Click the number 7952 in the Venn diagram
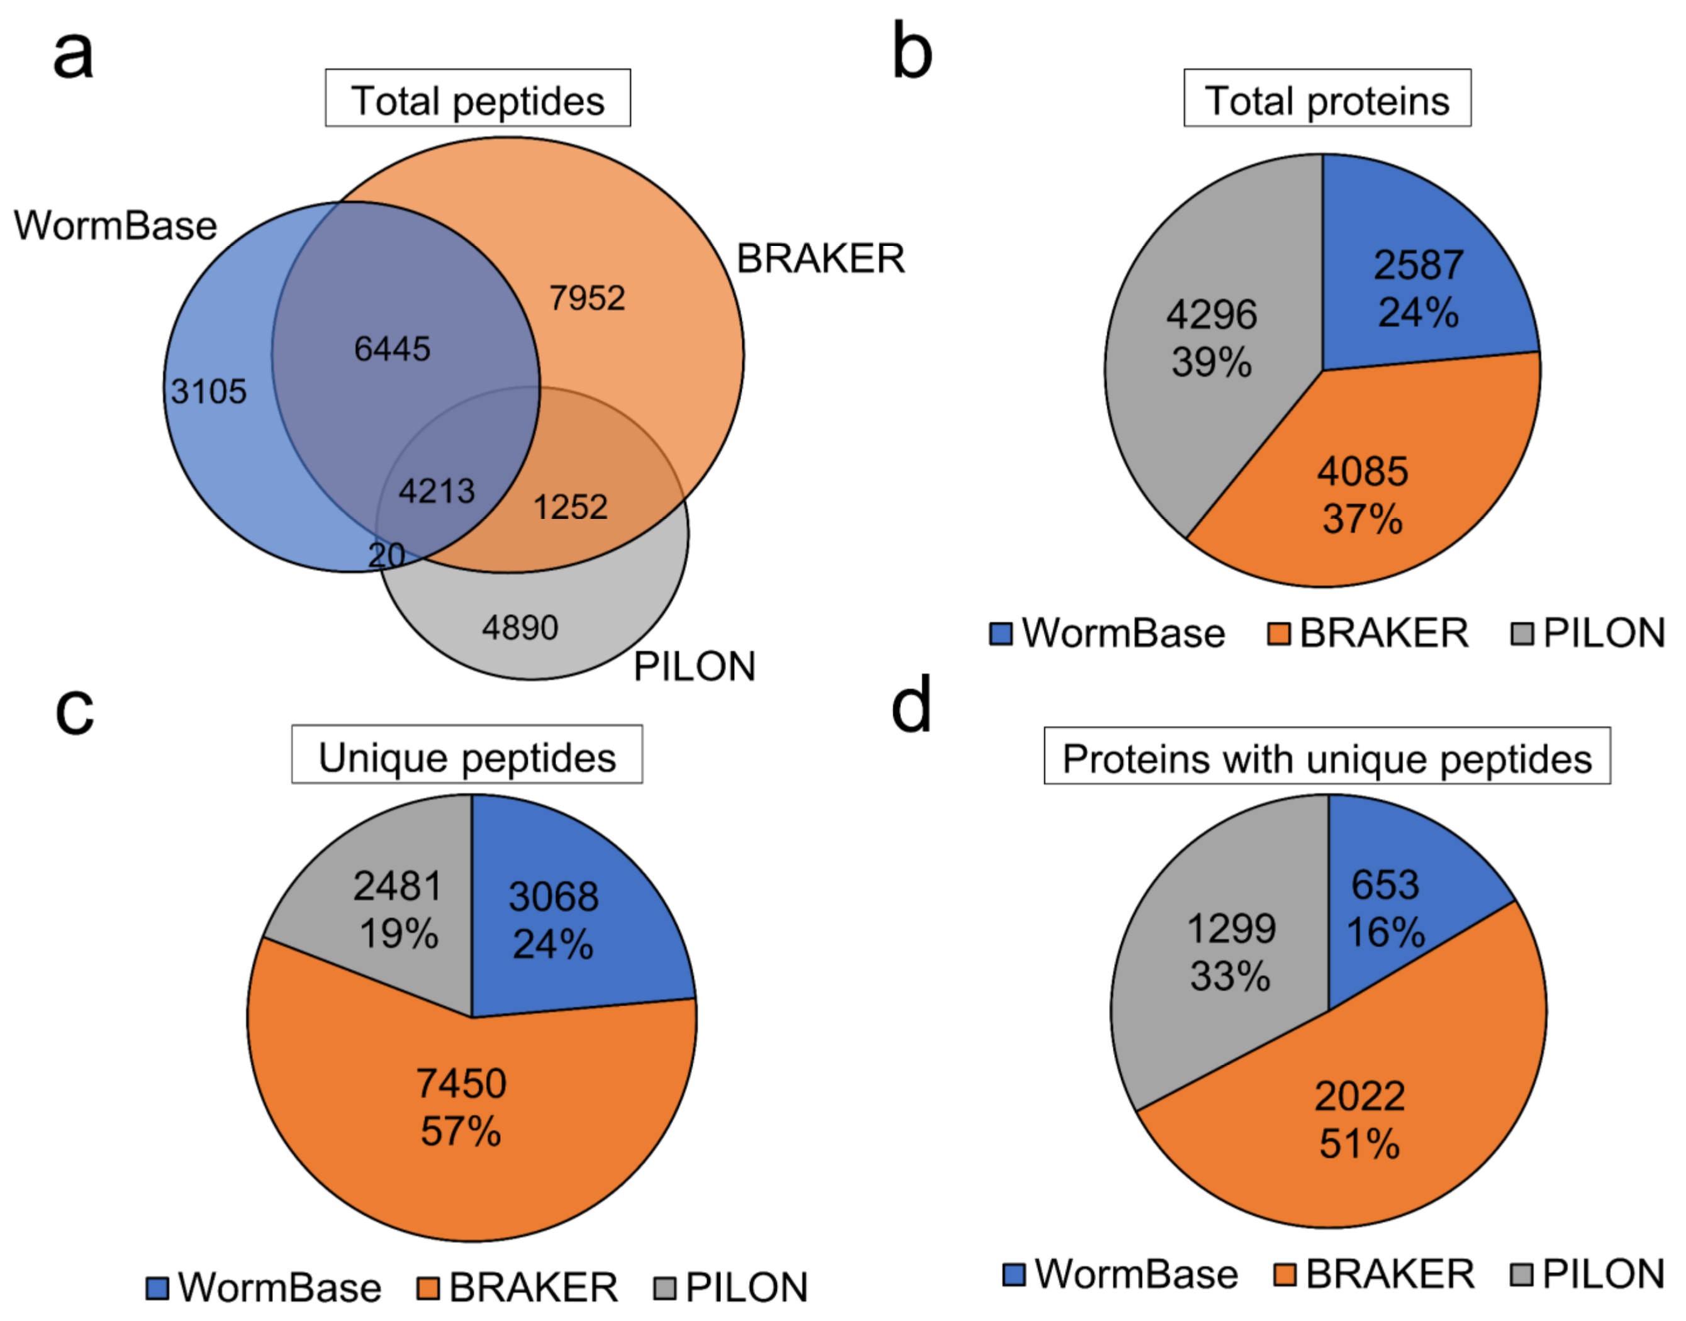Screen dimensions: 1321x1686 tap(587, 298)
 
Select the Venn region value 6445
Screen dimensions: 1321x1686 tap(392, 349)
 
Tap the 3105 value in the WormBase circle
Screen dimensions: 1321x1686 tap(209, 391)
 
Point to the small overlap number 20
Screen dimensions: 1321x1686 tap(386, 555)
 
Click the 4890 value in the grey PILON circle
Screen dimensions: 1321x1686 tap(520, 627)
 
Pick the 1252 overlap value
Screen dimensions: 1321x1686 tap(571, 508)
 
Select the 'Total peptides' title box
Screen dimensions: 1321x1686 tap(478, 99)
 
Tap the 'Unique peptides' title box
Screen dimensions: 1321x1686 tap(467, 755)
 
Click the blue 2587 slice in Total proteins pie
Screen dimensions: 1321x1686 tap(1417, 289)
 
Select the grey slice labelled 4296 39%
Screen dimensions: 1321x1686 tap(1211, 338)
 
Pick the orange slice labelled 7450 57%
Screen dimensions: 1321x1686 tap(462, 1106)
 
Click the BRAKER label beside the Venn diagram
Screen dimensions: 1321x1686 tap(820, 259)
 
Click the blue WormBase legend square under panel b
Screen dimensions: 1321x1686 tap(1001, 634)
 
